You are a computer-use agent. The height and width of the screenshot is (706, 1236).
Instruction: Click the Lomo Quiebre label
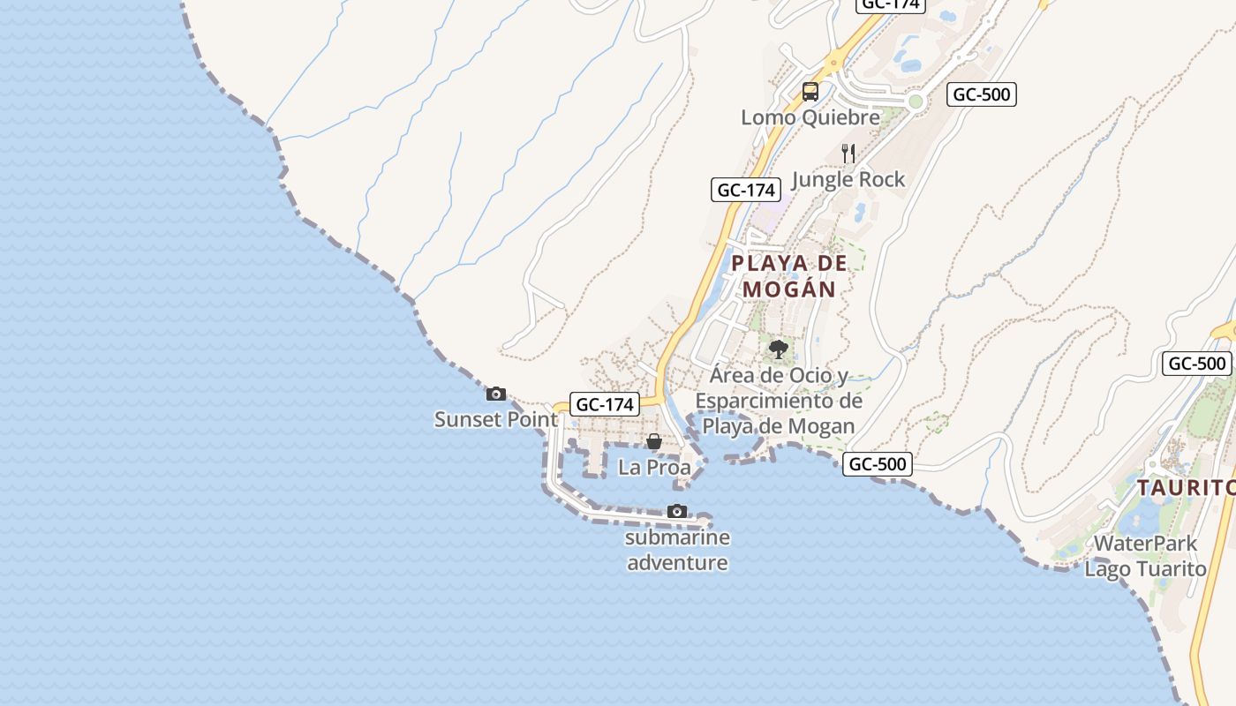[810, 117]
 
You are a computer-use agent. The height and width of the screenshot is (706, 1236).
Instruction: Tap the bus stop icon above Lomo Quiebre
[810, 91]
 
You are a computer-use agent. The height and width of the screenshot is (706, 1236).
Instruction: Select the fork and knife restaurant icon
[848, 154]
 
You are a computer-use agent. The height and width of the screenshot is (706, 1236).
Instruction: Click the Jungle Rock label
[848, 180]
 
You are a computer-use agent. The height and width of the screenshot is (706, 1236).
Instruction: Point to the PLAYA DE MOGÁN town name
[789, 275]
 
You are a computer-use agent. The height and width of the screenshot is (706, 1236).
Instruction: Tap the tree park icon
[778, 349]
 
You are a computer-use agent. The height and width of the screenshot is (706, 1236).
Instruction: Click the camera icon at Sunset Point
[496, 394]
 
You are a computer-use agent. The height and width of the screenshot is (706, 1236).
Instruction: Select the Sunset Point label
[496, 419]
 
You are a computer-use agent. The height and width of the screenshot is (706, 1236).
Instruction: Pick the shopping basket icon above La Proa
[654, 441]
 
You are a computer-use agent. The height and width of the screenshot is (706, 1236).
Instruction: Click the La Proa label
[654, 468]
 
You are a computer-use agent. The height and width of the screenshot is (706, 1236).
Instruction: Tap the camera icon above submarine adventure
[677, 511]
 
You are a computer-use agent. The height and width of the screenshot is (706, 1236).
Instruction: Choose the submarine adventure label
[677, 550]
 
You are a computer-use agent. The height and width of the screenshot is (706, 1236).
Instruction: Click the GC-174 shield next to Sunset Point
[605, 405]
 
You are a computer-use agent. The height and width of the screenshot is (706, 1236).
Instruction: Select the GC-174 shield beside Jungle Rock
[746, 190]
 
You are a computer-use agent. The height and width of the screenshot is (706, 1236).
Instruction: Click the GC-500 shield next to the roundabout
[982, 94]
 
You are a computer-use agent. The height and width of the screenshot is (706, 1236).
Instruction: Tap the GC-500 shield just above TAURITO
[1197, 363]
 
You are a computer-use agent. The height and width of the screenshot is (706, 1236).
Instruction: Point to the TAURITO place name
[1185, 488]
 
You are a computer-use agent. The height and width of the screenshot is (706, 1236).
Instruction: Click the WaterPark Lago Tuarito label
[1145, 556]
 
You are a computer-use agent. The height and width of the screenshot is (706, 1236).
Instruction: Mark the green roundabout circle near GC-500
[916, 101]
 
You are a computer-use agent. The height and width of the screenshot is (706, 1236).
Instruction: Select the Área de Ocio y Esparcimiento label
[778, 401]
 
